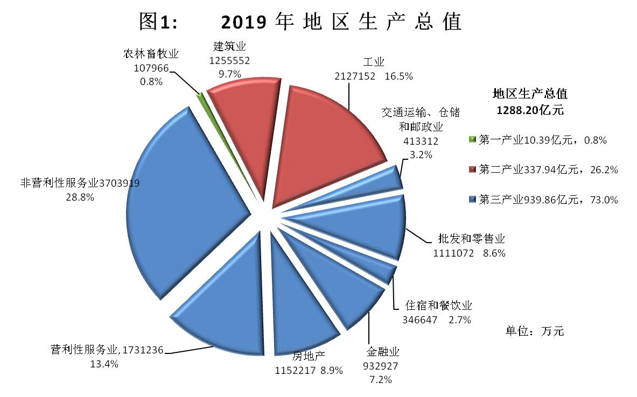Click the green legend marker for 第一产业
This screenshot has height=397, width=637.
point(473,140)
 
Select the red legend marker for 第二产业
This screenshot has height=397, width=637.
point(473,170)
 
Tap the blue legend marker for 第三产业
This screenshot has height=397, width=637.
point(473,200)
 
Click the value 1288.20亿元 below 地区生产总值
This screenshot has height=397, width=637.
point(529,110)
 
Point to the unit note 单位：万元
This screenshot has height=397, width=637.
point(534,331)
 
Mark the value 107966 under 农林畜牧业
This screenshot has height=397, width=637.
point(151,68)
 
